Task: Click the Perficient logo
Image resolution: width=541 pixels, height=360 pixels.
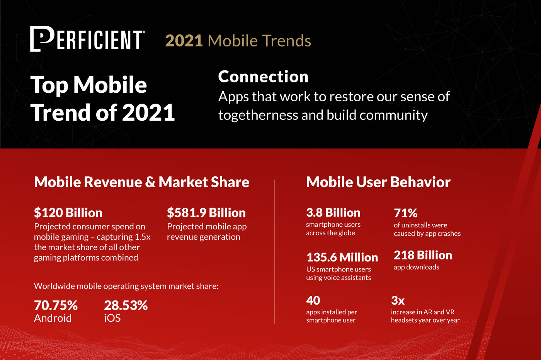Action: coord(87,39)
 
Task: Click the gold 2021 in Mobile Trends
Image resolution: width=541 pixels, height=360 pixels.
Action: coord(184,41)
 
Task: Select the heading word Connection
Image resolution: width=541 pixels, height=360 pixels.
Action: coord(263,77)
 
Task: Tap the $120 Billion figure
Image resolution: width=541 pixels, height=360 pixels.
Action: coord(68,213)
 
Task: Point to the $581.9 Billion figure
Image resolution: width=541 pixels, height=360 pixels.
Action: coord(206,213)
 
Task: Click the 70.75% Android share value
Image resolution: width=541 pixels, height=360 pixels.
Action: coord(56,305)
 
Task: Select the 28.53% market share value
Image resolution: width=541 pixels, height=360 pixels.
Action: coord(126,305)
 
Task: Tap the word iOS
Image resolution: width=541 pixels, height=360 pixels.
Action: coord(112,318)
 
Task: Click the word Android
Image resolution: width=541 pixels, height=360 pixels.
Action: coord(53,318)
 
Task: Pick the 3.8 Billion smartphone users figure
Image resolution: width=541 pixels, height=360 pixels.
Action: coord(333,213)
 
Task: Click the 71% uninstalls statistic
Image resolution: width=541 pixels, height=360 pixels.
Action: coord(405,213)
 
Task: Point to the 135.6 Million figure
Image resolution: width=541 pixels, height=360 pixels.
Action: coord(342,257)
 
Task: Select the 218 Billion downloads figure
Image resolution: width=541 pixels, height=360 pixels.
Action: coord(423,255)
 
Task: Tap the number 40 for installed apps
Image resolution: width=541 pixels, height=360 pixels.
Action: coord(313,300)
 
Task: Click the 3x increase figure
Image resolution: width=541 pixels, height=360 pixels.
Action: coord(398,300)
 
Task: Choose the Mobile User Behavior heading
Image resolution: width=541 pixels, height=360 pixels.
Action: coord(378,182)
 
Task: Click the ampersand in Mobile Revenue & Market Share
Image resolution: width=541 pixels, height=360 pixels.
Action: coord(150,183)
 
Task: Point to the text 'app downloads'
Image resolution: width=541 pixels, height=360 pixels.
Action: coord(416,267)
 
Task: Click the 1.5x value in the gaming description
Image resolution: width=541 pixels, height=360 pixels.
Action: coord(142,237)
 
